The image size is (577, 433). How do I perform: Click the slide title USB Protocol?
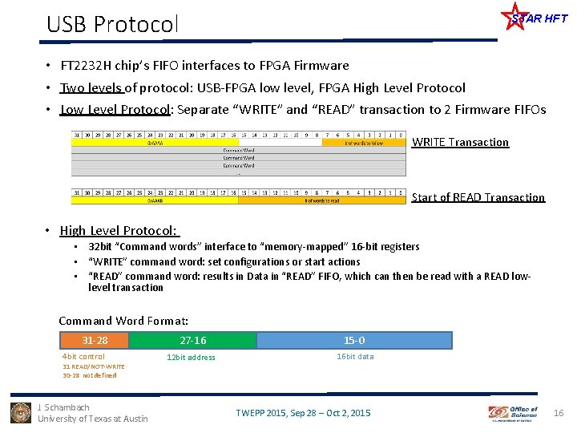[x=111, y=24]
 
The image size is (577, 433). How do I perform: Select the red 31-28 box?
[x=95, y=340]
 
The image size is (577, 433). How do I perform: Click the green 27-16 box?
[x=192, y=340]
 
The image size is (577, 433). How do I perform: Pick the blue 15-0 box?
[x=354, y=340]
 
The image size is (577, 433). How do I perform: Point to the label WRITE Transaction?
[x=460, y=142]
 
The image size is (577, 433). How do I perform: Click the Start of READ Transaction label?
[x=478, y=197]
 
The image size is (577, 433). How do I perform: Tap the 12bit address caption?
[x=191, y=358]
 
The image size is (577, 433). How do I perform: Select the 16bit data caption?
[x=354, y=357]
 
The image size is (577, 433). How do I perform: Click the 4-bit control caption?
[x=83, y=357]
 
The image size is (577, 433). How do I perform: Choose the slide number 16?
[x=559, y=413]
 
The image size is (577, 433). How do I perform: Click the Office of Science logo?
[x=514, y=413]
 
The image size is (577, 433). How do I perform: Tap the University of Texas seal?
[x=21, y=412]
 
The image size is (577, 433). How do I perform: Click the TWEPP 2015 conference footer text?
[x=303, y=413]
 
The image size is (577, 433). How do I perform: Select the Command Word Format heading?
[x=135, y=321]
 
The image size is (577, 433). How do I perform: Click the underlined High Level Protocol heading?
[x=119, y=231]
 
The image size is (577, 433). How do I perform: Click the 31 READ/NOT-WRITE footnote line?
[x=94, y=366]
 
